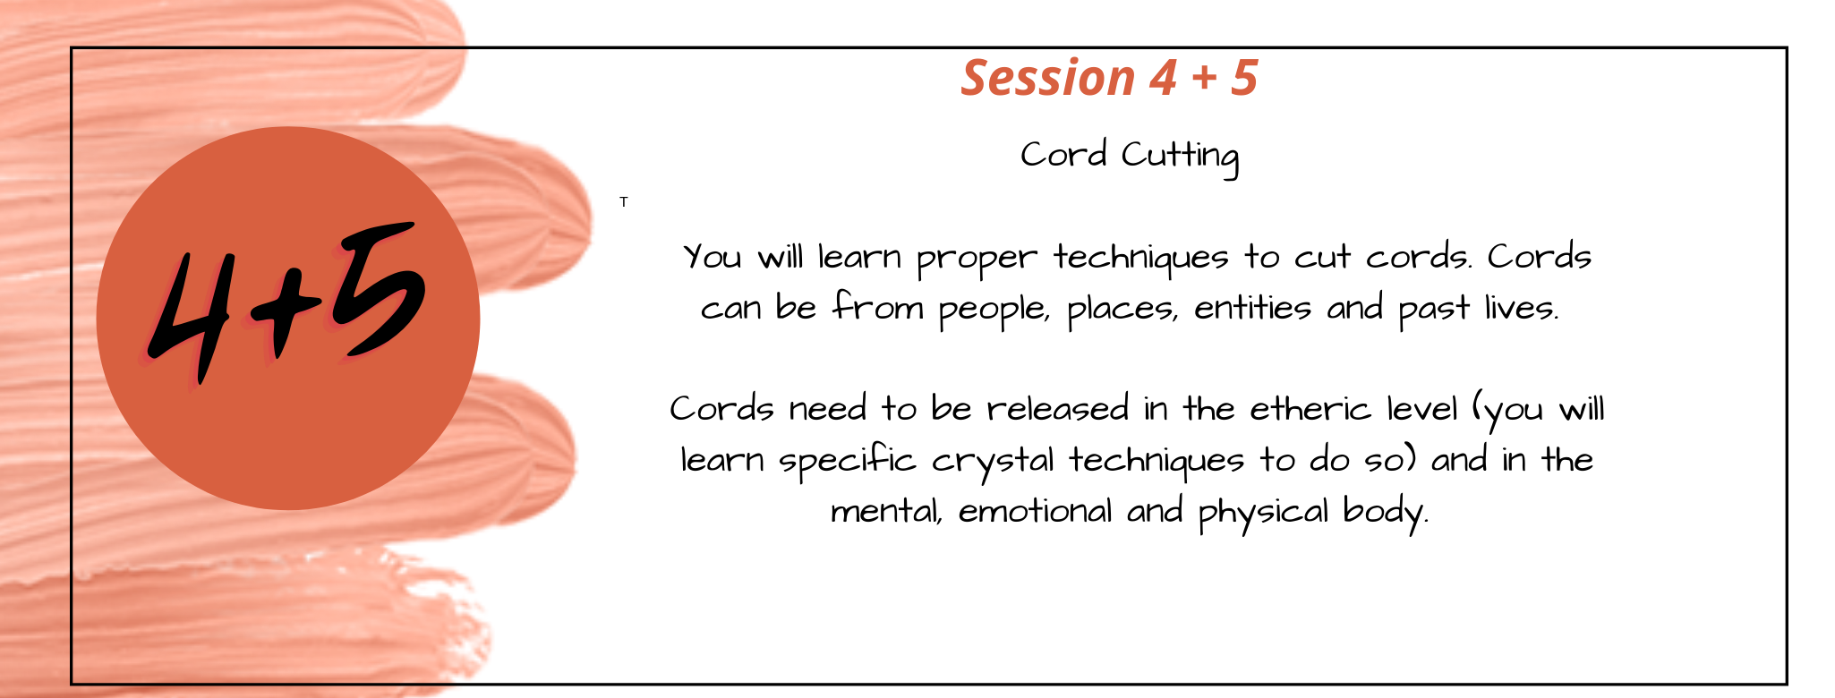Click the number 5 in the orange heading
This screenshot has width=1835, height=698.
pos(1244,77)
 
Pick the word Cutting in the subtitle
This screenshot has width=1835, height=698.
pos(1180,157)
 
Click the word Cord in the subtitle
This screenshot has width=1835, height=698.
pos(1063,155)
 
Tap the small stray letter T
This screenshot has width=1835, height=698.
pos(624,202)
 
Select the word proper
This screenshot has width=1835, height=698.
pos(977,260)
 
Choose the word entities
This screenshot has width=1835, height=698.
pos(1253,308)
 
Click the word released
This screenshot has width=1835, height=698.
pos(1058,409)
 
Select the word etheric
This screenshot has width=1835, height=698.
pos(1310,409)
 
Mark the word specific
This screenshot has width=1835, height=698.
pos(848,462)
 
